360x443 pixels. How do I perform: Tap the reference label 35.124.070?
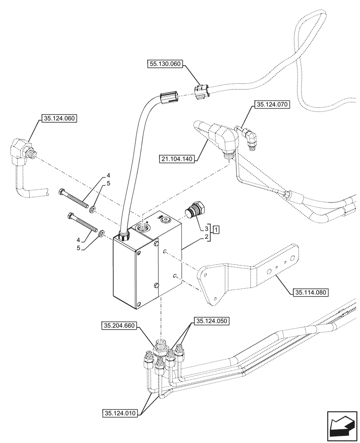(271, 105)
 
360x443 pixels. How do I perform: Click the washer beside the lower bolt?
(102, 232)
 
